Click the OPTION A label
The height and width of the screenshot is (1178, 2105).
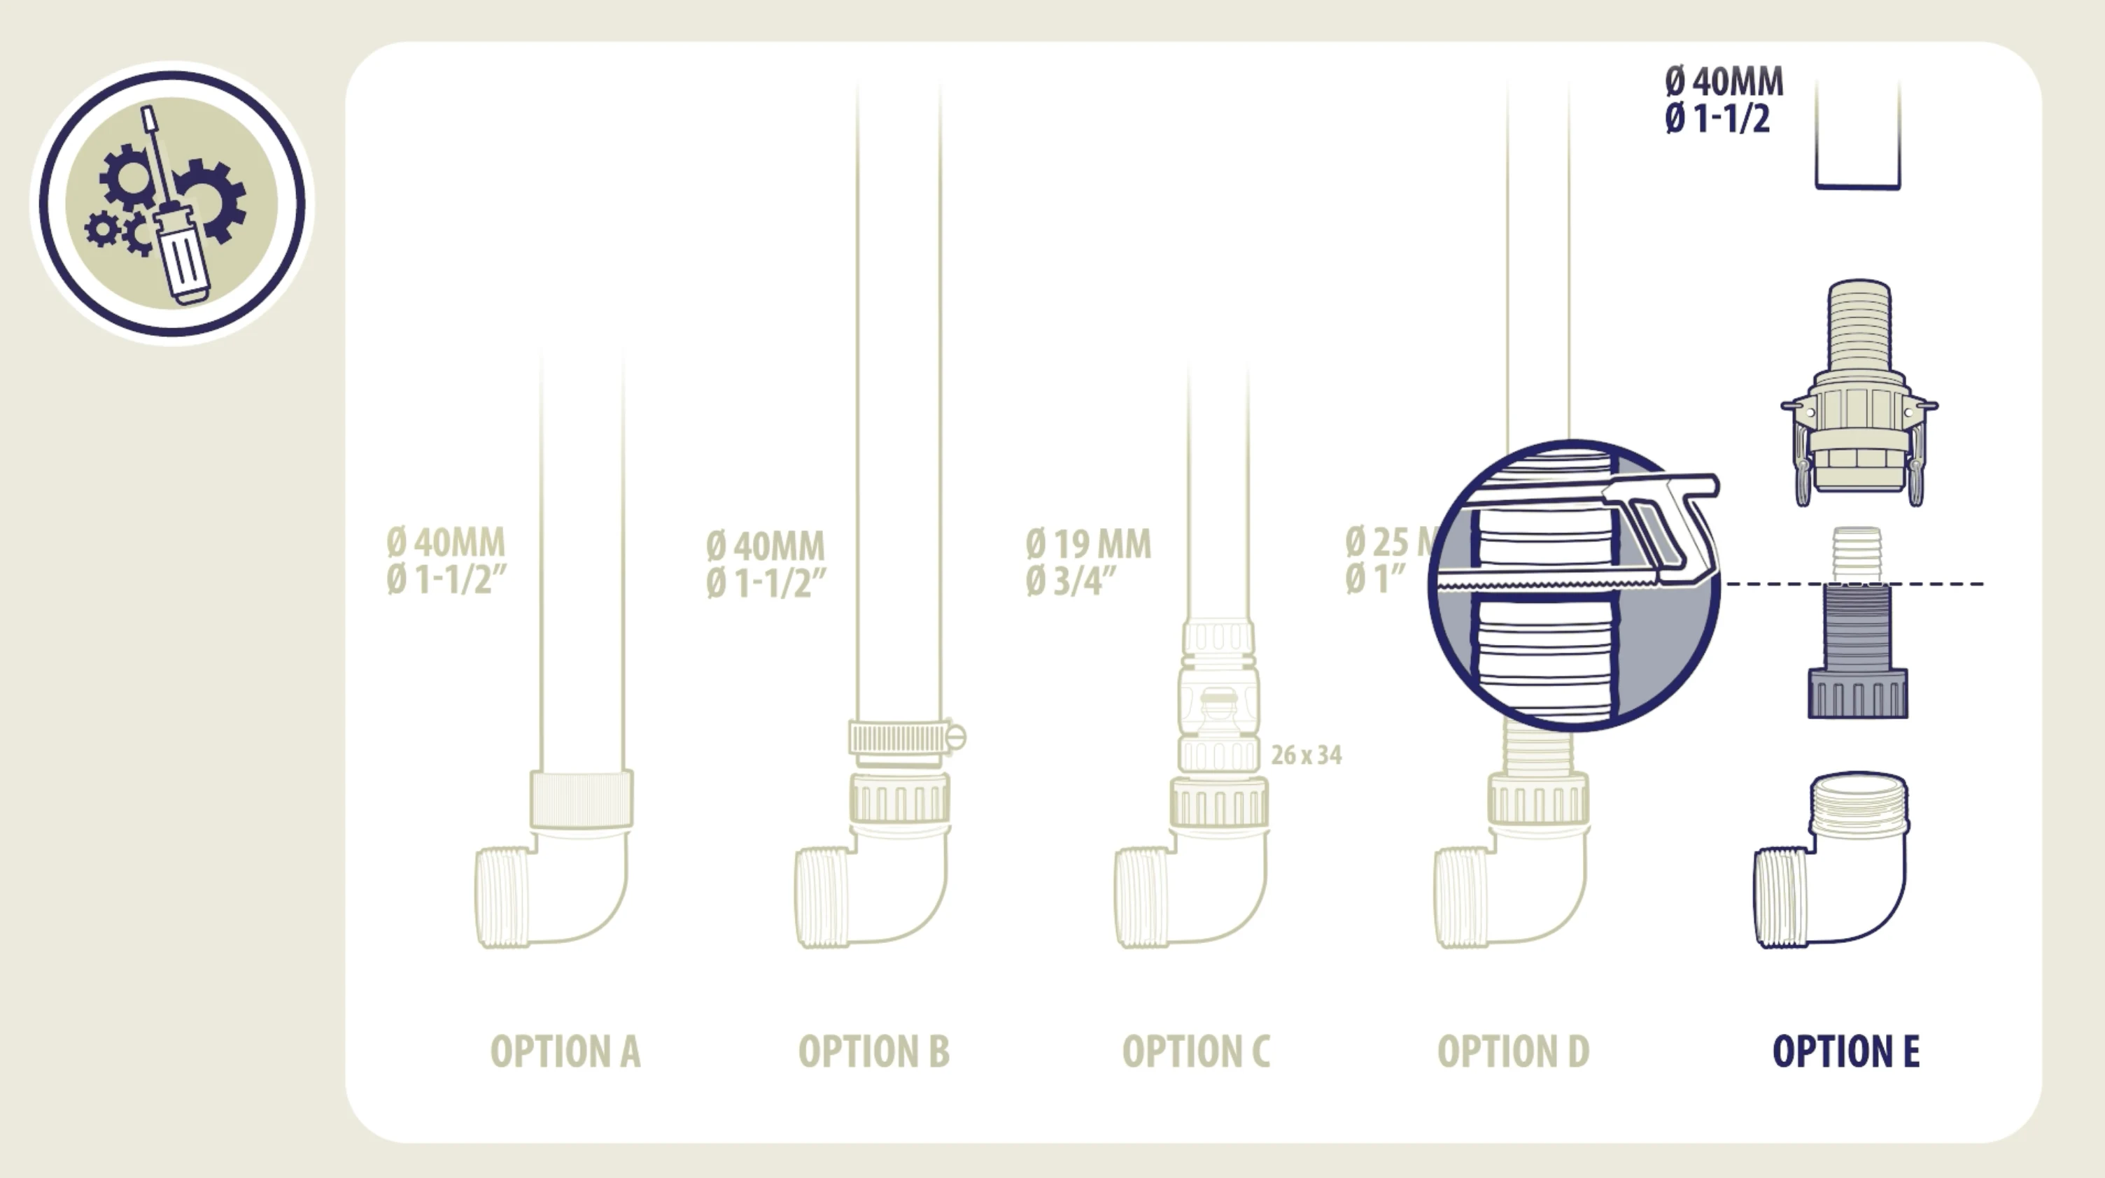tap(565, 1051)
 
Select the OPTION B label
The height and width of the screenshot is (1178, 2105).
tap(873, 1051)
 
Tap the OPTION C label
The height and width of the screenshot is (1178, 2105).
tap(1197, 1051)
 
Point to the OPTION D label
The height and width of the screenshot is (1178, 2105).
tap(1514, 1051)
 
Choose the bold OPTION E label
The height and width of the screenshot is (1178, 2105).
tap(1846, 1051)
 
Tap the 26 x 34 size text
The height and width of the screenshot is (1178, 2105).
tap(1306, 755)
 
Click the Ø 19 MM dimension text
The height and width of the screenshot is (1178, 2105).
tap(1088, 544)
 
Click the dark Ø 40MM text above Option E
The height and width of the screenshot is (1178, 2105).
tap(1724, 82)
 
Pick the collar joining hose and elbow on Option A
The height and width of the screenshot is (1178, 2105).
tap(581, 798)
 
